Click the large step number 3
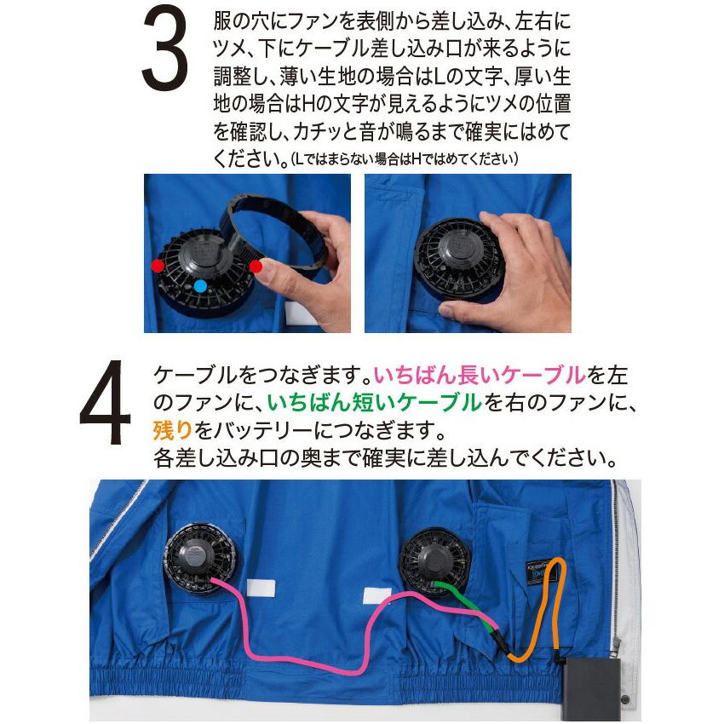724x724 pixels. [x=165, y=51]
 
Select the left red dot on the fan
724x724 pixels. [x=157, y=266]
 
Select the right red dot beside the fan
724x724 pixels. [x=256, y=267]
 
